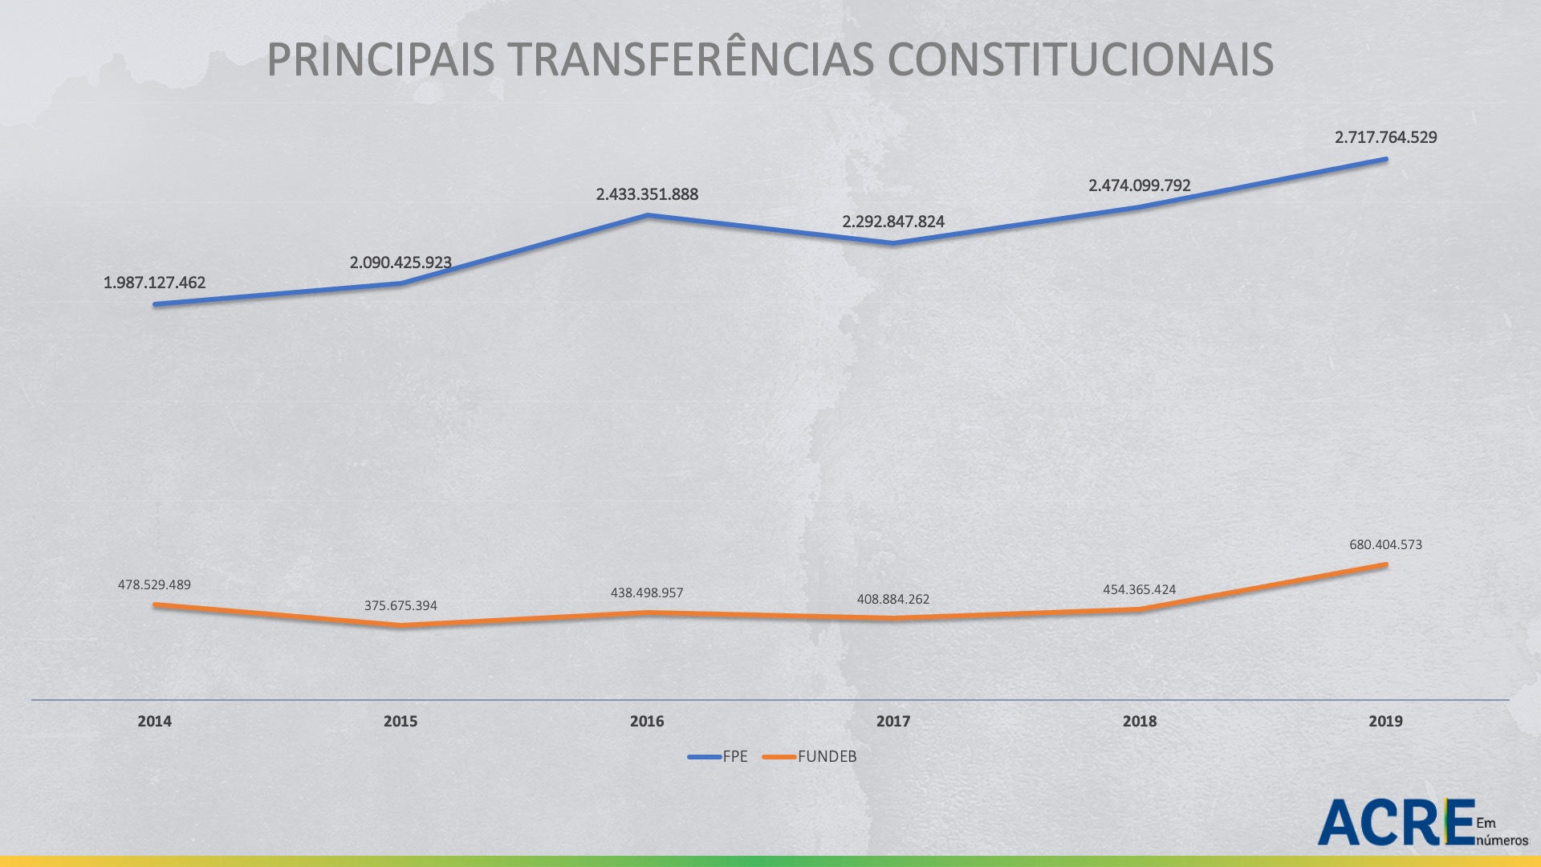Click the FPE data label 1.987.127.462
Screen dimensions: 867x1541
click(154, 283)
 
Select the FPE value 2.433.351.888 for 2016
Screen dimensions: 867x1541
click(647, 194)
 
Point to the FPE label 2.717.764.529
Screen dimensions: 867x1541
click(1385, 137)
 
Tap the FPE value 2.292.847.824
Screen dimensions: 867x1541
click(893, 222)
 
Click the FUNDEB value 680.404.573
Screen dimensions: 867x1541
click(1385, 544)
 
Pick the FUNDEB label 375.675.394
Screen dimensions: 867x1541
click(400, 605)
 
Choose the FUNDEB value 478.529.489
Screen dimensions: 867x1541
click(154, 584)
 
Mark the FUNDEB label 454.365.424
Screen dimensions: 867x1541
click(1139, 589)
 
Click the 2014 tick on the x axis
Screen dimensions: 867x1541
click(154, 721)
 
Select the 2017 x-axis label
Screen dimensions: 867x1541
click(893, 721)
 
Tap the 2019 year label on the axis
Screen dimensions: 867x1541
click(1385, 721)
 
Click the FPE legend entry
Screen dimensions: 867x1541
click(718, 756)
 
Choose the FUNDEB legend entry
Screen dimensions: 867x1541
click(811, 756)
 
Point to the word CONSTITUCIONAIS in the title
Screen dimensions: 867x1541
click(1080, 60)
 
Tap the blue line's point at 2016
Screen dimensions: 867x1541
click(647, 215)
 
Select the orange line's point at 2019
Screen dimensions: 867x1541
click(1385, 564)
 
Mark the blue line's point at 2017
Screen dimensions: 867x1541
click(893, 242)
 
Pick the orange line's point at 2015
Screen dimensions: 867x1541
click(400, 625)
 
